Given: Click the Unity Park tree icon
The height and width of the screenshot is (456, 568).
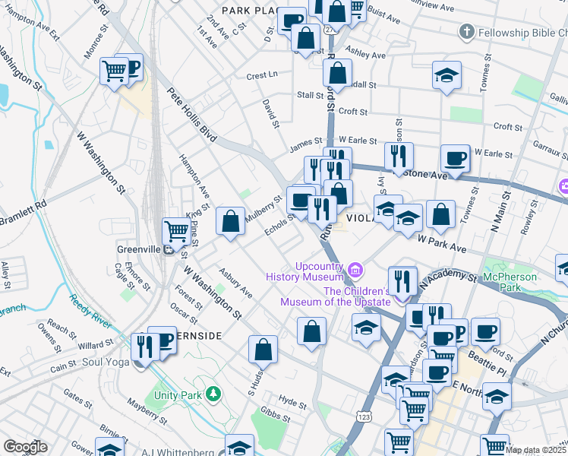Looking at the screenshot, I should (x=215, y=393).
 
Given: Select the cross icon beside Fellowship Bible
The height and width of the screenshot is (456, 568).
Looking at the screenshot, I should (x=467, y=32).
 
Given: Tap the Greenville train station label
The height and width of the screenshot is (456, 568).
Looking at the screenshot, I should (x=139, y=248).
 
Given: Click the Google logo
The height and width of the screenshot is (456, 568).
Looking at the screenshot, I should (x=25, y=447).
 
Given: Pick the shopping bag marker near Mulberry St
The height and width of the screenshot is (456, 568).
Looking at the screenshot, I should (x=230, y=222).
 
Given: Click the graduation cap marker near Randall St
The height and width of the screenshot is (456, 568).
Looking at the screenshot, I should (x=447, y=75).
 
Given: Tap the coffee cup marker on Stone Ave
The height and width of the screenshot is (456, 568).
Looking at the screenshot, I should (x=455, y=159).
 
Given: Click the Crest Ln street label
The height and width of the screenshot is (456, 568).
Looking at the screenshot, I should (x=262, y=76).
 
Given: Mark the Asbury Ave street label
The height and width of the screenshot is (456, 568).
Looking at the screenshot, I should (x=235, y=282).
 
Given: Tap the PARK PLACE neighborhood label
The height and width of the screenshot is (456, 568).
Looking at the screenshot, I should (x=248, y=10).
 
